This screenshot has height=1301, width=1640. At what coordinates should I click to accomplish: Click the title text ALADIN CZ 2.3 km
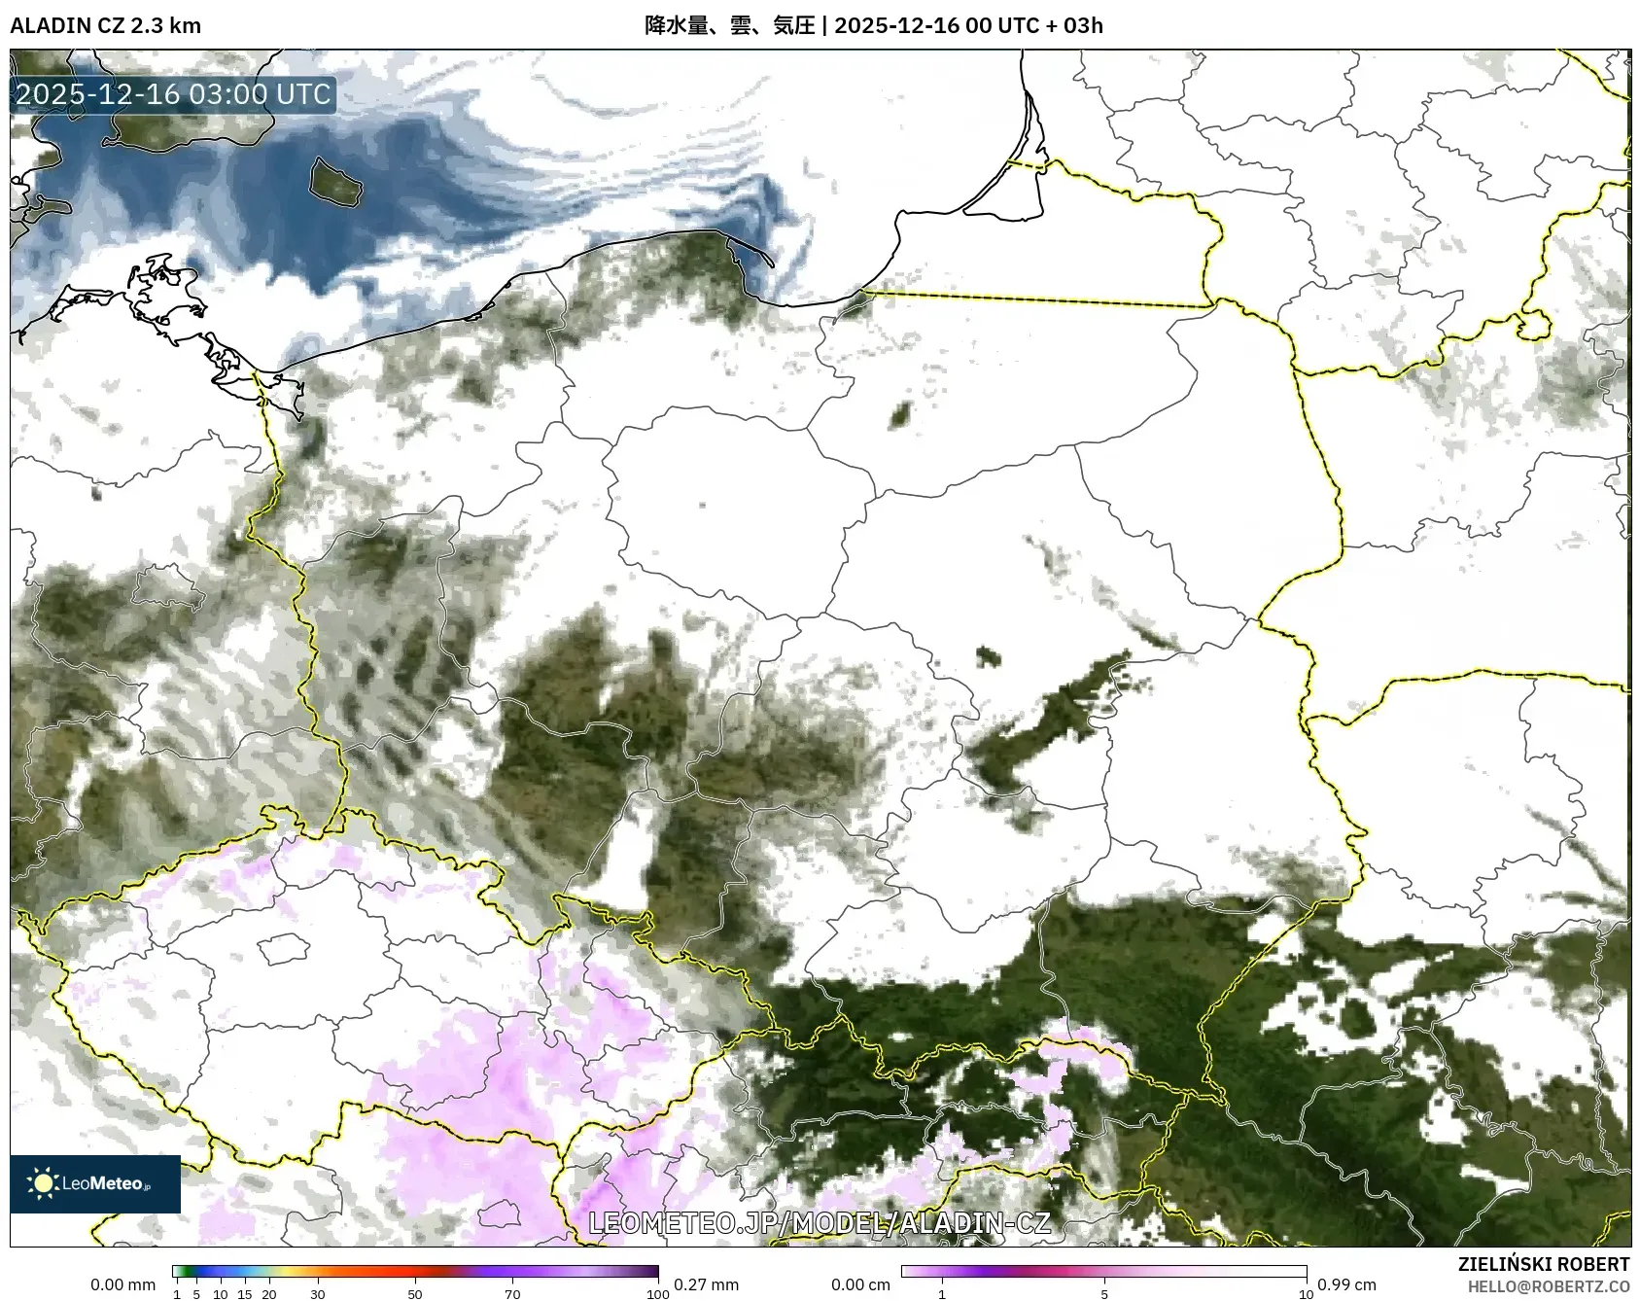(x=105, y=25)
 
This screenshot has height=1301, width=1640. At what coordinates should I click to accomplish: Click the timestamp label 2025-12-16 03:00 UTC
(x=173, y=94)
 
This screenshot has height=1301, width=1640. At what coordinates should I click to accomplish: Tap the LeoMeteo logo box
(x=95, y=1183)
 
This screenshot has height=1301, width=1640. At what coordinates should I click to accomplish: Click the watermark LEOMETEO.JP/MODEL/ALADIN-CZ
(x=820, y=1222)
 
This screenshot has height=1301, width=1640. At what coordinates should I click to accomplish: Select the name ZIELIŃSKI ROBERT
(x=1543, y=1264)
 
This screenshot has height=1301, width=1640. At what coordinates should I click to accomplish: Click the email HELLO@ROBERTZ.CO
(x=1548, y=1286)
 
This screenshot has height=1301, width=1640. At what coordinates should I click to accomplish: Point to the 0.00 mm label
(x=122, y=1284)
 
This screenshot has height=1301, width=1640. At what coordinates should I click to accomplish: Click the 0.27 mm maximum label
(x=706, y=1284)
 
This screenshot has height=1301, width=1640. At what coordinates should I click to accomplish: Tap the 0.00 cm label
(x=860, y=1284)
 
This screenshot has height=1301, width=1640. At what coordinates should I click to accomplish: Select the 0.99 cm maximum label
(x=1346, y=1284)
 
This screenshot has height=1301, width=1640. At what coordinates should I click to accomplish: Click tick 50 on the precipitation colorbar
(x=415, y=1294)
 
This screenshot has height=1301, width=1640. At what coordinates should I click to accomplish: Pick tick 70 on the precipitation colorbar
(x=512, y=1294)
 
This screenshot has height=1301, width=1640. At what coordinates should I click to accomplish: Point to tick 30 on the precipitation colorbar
(x=318, y=1294)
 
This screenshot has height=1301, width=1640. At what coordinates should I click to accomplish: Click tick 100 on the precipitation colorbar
(x=658, y=1294)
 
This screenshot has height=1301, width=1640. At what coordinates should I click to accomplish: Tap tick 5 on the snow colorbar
(x=1104, y=1294)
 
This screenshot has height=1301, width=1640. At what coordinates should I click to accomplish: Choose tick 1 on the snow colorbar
(x=941, y=1294)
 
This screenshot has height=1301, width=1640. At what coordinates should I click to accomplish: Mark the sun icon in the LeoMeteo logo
(x=44, y=1183)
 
